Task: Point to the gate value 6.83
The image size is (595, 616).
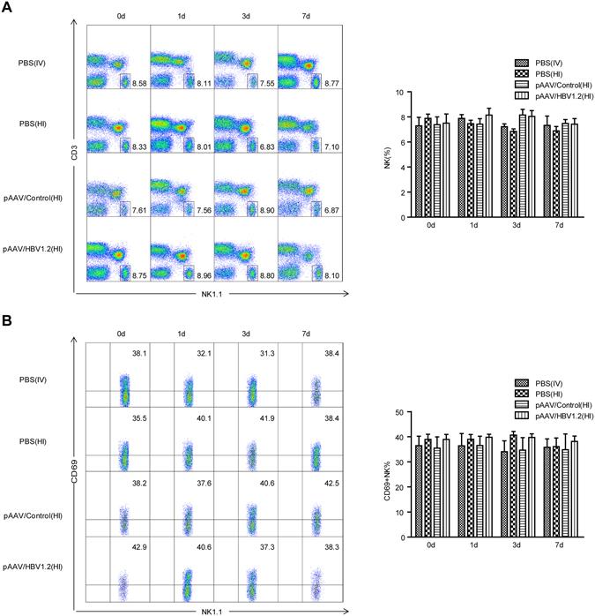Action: (266, 143)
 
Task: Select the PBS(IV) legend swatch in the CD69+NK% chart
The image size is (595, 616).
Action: (521, 384)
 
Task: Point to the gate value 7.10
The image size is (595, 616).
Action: (329, 143)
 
